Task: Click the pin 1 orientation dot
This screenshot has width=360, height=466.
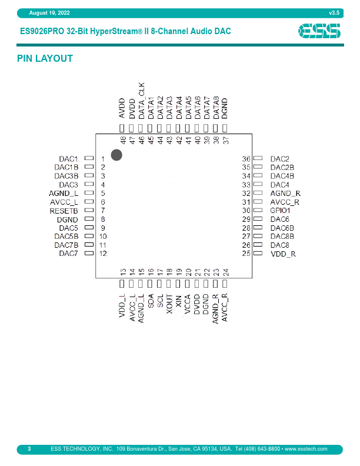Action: click(x=116, y=155)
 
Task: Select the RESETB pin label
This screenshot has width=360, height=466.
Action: click(x=64, y=210)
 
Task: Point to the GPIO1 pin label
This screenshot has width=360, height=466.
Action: click(x=280, y=210)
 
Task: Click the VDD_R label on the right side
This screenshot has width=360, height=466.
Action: click(x=282, y=254)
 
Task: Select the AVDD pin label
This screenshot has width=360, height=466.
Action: click(x=122, y=109)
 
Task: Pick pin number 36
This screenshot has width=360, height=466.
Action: click(x=246, y=159)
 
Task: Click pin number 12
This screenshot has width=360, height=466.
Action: click(x=103, y=254)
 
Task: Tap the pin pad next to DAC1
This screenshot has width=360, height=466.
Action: click(x=89, y=159)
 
